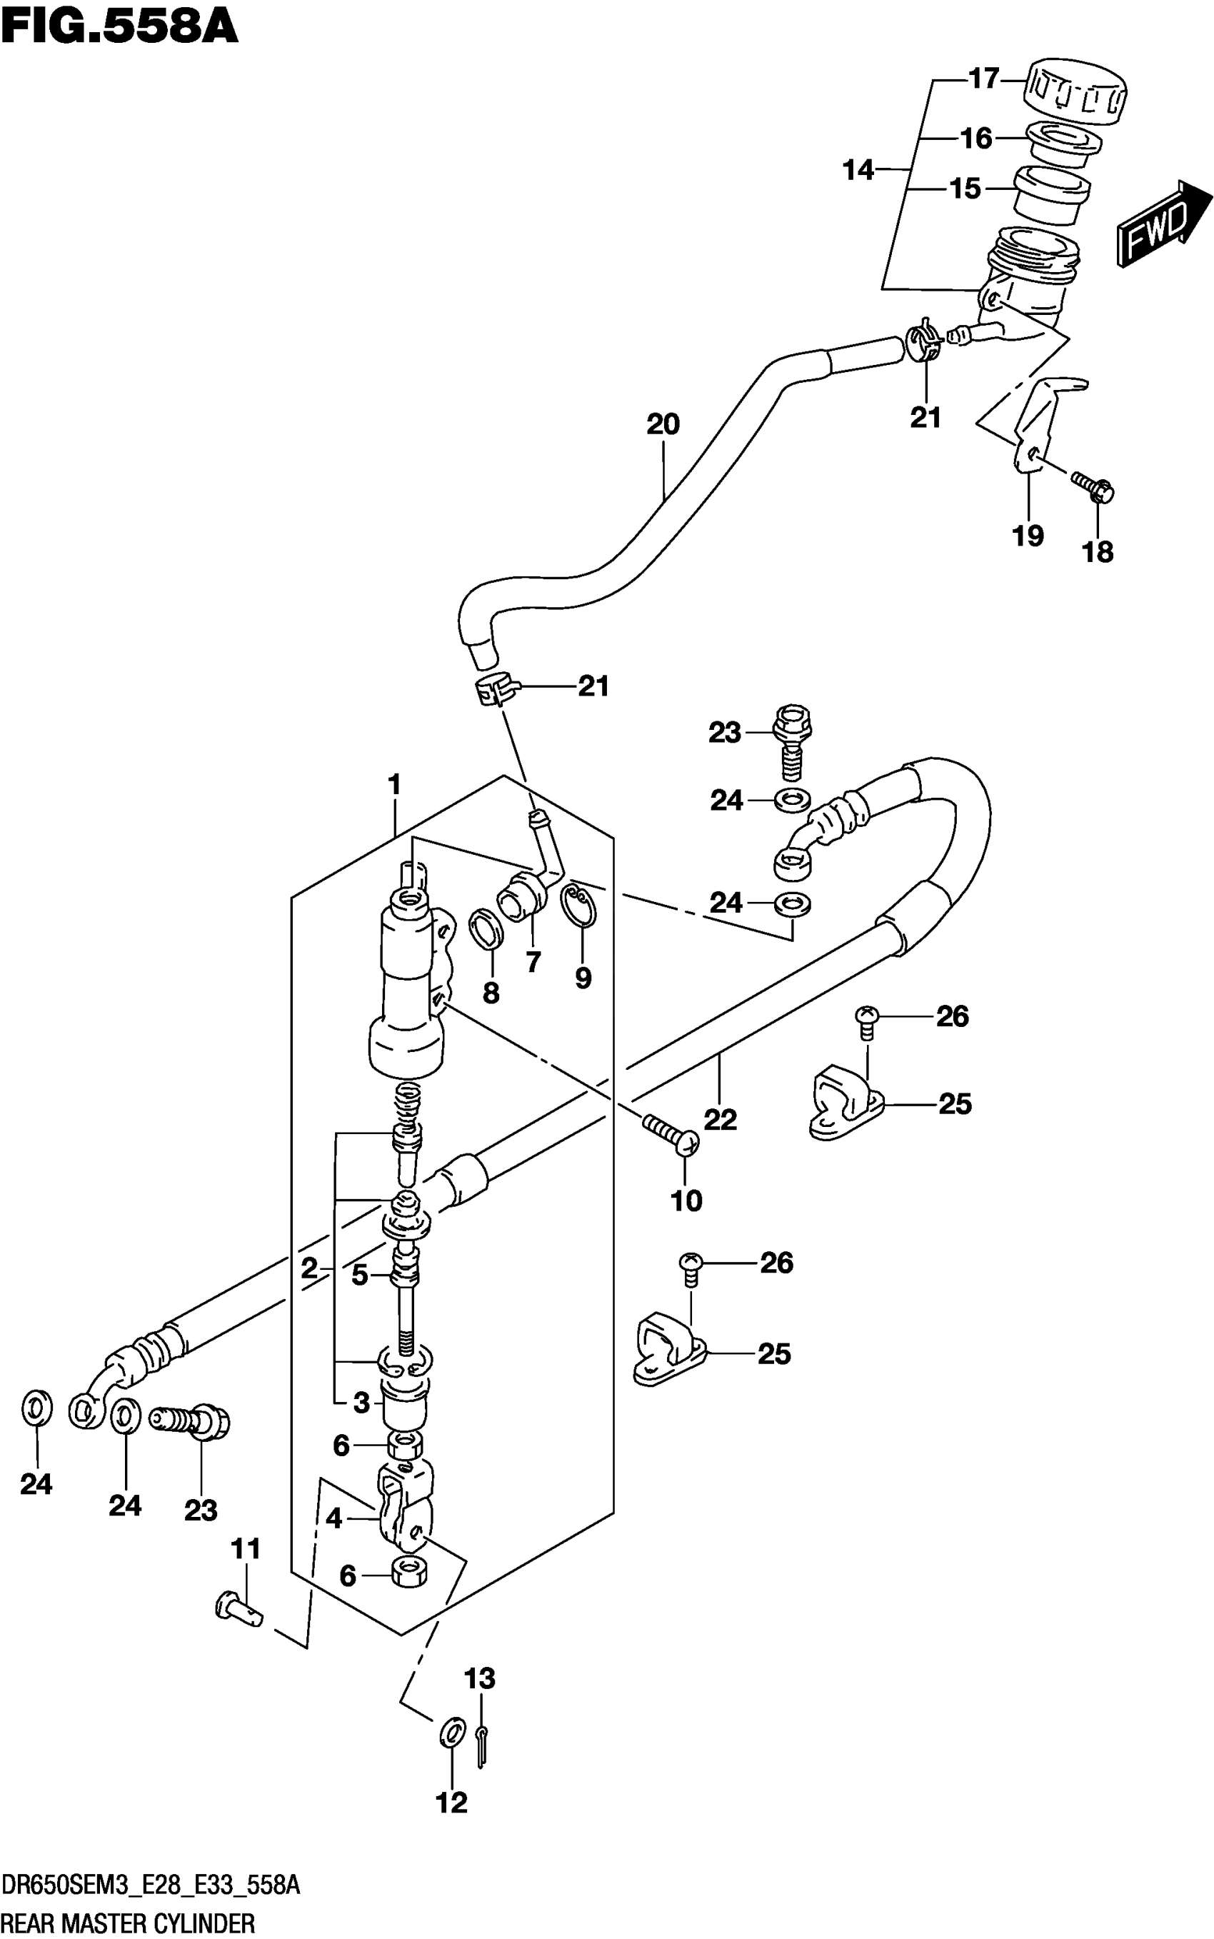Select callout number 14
(x=858, y=170)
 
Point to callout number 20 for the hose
(x=663, y=425)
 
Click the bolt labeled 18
(x=1093, y=486)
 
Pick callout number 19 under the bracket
(x=1028, y=536)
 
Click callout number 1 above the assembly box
(x=394, y=784)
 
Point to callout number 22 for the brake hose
(x=721, y=1119)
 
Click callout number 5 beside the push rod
(x=359, y=1275)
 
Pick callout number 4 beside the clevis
(x=334, y=1518)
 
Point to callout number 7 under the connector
(x=533, y=962)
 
